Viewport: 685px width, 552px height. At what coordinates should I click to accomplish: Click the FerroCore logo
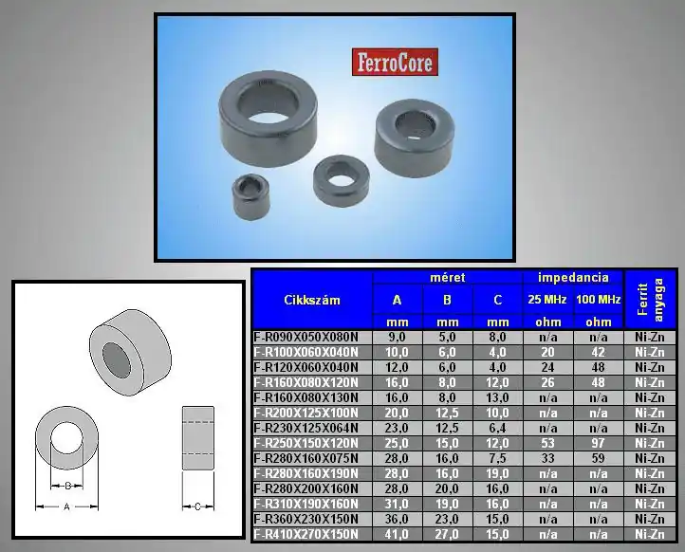pyautogui.click(x=395, y=62)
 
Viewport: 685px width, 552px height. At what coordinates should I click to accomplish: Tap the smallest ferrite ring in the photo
pyautogui.click(x=250, y=197)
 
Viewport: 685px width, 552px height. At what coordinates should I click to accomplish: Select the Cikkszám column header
pyautogui.click(x=312, y=300)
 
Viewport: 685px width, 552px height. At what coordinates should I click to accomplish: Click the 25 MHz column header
pyautogui.click(x=546, y=299)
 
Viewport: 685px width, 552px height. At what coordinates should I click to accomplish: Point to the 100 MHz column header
pyautogui.click(x=598, y=299)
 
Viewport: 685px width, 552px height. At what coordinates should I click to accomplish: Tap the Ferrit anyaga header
pyautogui.click(x=650, y=300)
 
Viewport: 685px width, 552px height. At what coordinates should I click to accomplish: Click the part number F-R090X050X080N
pyautogui.click(x=305, y=337)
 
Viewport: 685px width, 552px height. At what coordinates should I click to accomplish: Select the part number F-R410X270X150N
pyautogui.click(x=305, y=534)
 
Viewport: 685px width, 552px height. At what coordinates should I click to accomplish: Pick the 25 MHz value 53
pyautogui.click(x=547, y=443)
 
